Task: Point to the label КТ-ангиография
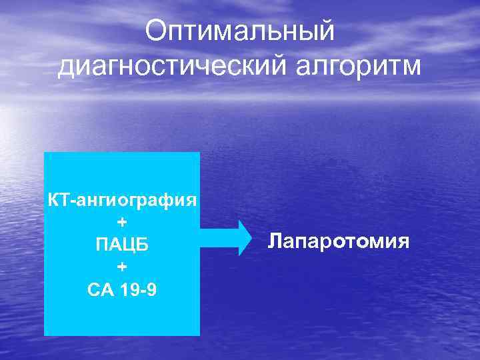(122, 199)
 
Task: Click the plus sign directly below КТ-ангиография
(122, 222)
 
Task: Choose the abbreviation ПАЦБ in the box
(122, 245)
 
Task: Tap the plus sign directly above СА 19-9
(122, 267)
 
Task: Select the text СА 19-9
(122, 290)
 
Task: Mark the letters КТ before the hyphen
(56, 199)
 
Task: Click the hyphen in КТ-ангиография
(68, 200)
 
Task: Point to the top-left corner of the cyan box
(45, 153)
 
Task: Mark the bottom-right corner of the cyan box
(199, 335)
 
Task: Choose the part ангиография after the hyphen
(133, 199)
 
